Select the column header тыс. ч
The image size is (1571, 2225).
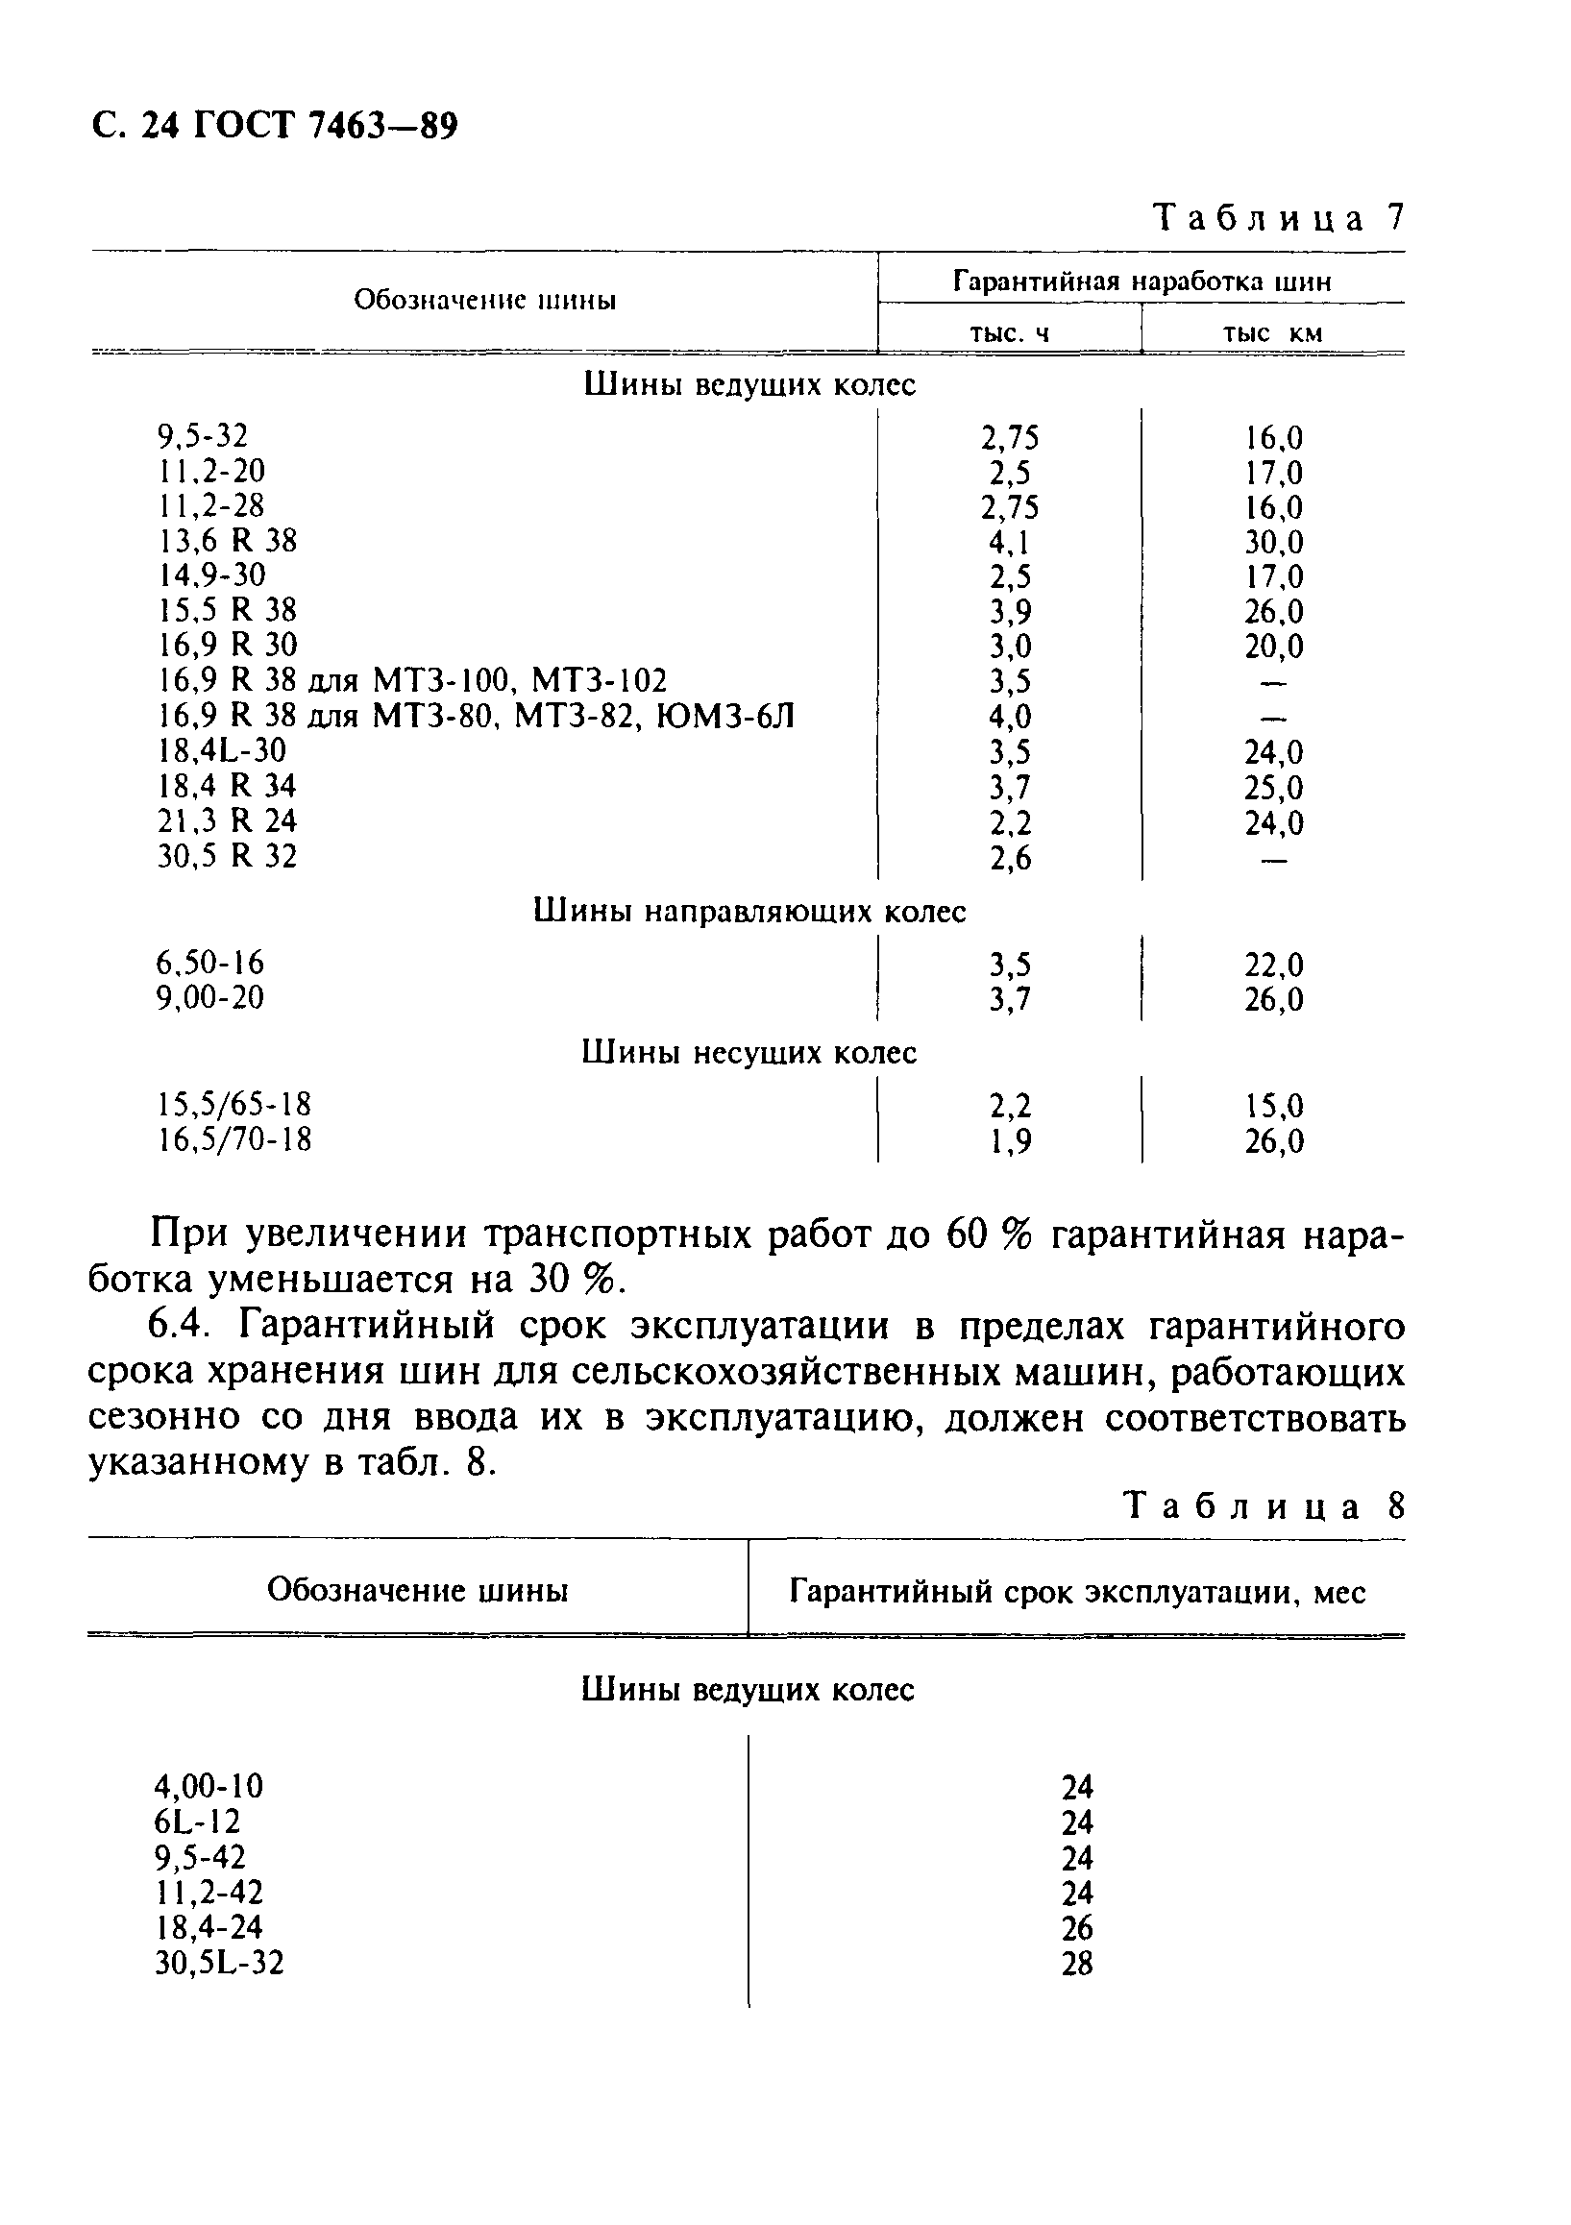[x=1009, y=334]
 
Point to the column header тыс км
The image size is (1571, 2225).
[x=1271, y=334]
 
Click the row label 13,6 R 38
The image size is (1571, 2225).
[x=227, y=541]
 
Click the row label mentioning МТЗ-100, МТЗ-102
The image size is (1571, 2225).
[x=412, y=681]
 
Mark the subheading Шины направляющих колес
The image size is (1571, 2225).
[x=749, y=912]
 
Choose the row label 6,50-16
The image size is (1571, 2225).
[x=209, y=964]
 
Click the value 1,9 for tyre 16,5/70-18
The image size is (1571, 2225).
[x=1010, y=1141]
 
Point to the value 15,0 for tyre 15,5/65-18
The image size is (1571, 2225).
[x=1273, y=1106]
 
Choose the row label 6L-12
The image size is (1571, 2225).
[x=197, y=1822]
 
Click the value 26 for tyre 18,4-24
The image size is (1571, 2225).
[x=1077, y=1928]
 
